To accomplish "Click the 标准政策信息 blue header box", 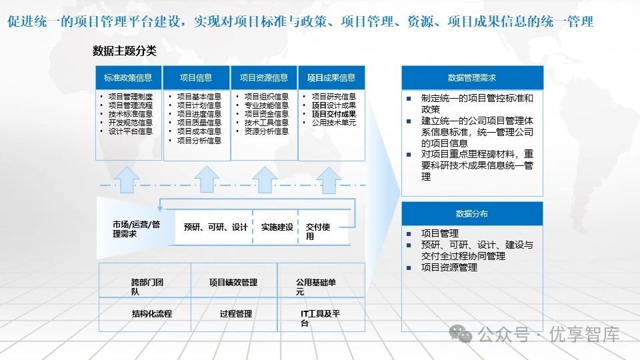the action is point(129,77).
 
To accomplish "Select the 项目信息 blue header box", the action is point(196,77).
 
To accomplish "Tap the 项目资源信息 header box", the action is point(264,77).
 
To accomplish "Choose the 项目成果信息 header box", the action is point(331,77).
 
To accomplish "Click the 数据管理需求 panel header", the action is point(472,77).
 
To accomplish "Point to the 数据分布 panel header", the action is point(472,214).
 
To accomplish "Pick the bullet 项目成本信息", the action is point(199,131).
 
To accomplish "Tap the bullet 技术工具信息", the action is point(267,123).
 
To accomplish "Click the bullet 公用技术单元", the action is point(334,123).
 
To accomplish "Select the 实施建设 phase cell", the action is point(277,227).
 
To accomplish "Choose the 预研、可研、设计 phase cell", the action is point(216,227).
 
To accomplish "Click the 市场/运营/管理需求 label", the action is point(136,229).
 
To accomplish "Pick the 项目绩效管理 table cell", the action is point(233,283).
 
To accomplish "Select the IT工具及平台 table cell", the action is point(321,318).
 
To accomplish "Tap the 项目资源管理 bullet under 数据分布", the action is point(449,267).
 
